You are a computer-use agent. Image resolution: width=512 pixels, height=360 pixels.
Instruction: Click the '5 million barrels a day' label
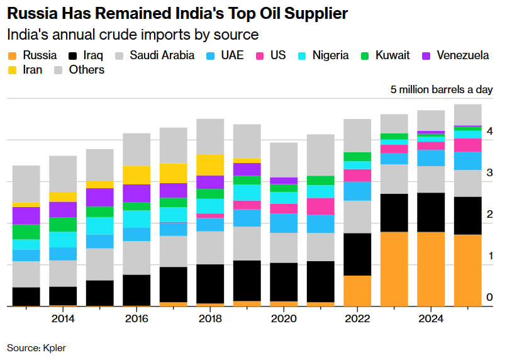coord(442,90)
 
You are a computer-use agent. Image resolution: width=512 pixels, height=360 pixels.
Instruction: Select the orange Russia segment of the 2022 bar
coord(357,291)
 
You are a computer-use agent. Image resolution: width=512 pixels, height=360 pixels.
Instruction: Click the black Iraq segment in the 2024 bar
coord(431,212)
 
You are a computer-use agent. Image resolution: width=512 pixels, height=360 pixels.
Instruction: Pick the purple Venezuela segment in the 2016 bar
coord(136,193)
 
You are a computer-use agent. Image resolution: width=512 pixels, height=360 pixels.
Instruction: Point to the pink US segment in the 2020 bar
coord(284,209)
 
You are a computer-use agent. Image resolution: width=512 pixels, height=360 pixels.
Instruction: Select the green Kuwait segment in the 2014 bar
coord(63,225)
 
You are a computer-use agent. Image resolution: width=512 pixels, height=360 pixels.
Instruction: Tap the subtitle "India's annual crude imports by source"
coord(133,34)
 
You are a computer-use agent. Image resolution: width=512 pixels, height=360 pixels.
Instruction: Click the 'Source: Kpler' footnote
coord(36,347)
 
